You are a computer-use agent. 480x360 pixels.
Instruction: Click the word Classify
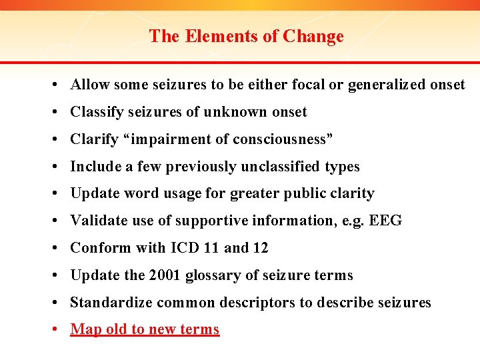[x=97, y=112]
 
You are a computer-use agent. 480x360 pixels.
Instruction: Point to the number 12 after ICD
[x=260, y=248]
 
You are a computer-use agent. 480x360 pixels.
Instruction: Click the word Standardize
[x=111, y=303]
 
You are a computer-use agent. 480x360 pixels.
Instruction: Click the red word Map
[x=86, y=329]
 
